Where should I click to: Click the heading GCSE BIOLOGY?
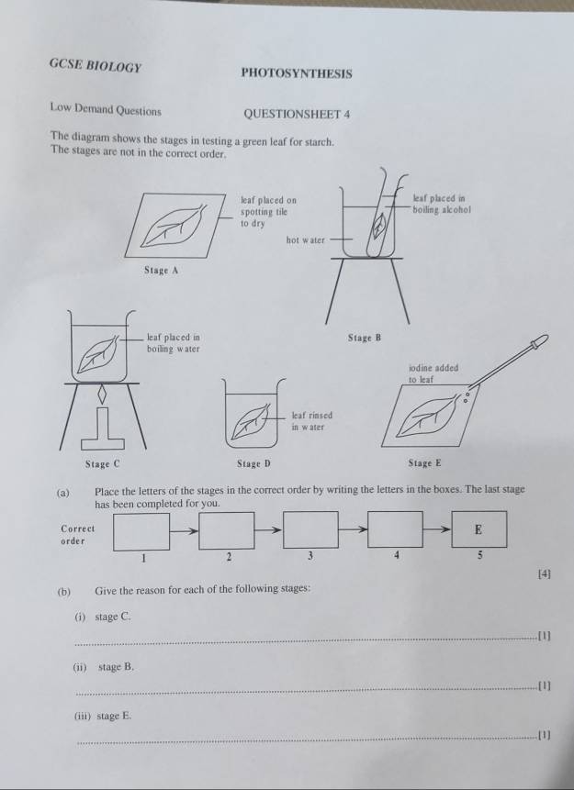point(96,66)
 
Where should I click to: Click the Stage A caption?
point(161,271)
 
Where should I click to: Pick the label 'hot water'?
point(305,239)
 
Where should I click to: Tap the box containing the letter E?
point(478,530)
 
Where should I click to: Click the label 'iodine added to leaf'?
point(432,373)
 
